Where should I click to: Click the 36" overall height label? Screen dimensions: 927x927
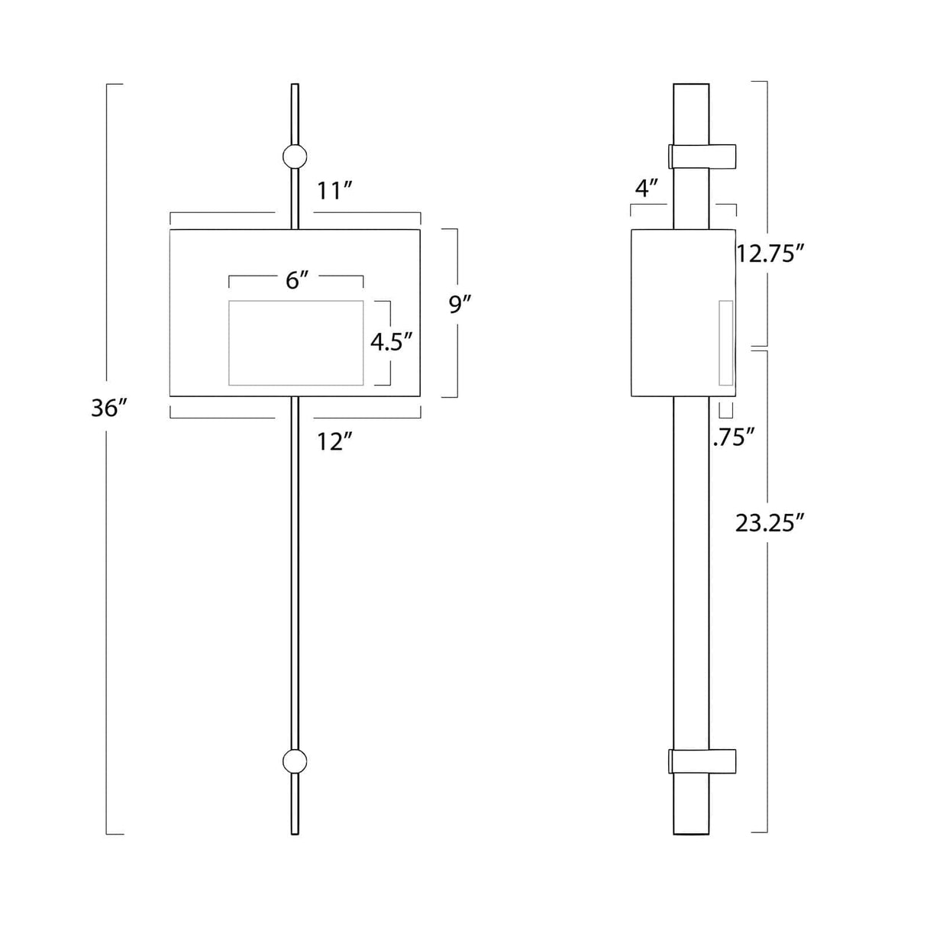(x=108, y=409)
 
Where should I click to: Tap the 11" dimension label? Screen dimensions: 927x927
(x=334, y=191)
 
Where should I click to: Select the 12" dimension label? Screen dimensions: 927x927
(x=335, y=441)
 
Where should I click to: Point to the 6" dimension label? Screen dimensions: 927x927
(x=296, y=281)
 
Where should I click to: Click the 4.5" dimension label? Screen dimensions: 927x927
(x=391, y=341)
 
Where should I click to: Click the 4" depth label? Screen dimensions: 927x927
(x=648, y=188)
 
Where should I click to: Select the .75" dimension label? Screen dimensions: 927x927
(x=733, y=438)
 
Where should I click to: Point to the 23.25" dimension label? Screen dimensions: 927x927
(x=770, y=523)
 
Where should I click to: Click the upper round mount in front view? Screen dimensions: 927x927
(x=295, y=156)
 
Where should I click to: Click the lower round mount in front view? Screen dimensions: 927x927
(x=295, y=761)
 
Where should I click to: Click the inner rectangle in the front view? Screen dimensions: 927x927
(x=296, y=343)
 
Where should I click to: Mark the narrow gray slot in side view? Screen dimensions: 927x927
(x=725, y=343)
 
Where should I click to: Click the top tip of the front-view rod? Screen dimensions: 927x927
(x=295, y=86)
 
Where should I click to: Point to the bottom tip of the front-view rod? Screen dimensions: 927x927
(x=295, y=832)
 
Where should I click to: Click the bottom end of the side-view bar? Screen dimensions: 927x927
(x=692, y=832)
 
